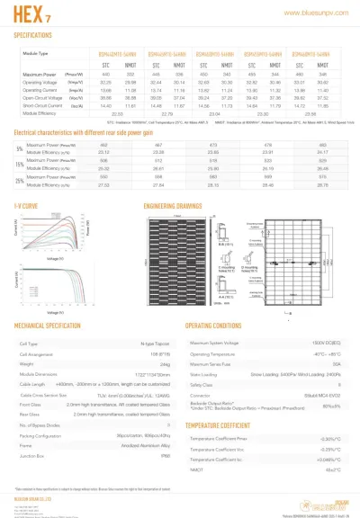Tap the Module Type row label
[34, 55]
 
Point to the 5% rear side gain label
[19, 147]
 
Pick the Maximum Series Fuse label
[217, 362]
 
